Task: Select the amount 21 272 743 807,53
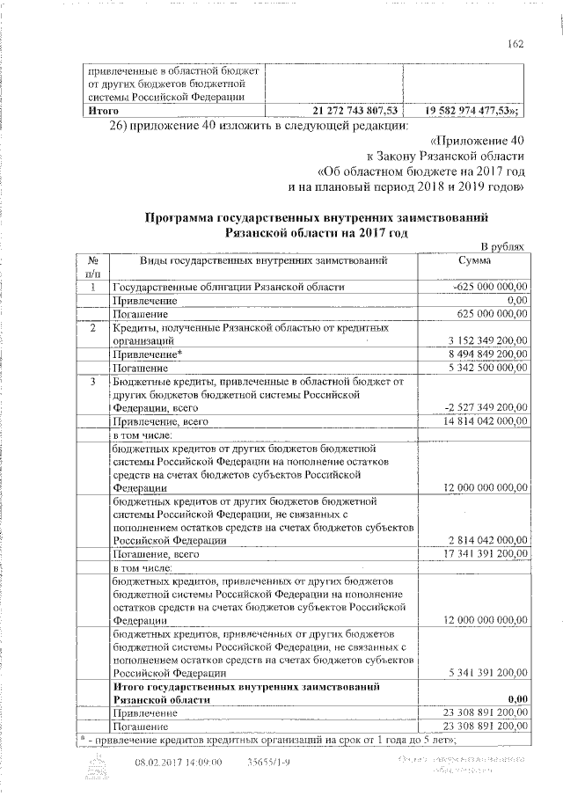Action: (356, 110)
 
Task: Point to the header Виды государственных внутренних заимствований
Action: (263, 261)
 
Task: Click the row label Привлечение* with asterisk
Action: (146, 354)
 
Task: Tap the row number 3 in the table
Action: (92, 381)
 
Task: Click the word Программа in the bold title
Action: (184, 217)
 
